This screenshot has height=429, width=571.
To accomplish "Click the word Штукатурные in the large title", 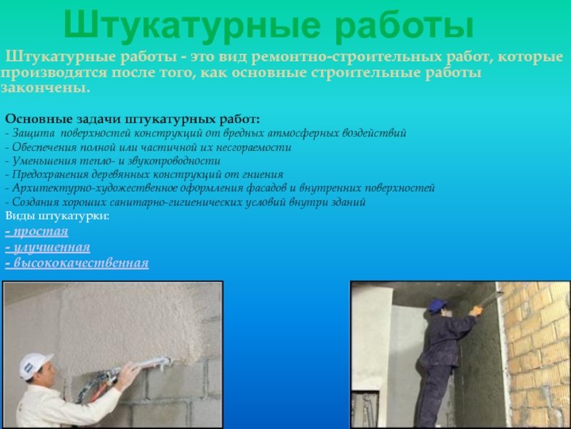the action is [x=192, y=26].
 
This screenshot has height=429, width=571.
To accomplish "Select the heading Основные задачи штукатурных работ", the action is [x=133, y=119].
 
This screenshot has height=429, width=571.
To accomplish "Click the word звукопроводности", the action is [x=173, y=162].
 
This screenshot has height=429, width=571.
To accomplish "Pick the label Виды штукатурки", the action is [x=57, y=216].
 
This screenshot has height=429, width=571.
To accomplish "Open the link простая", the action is [x=37, y=232].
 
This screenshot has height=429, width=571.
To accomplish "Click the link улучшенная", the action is [x=48, y=247].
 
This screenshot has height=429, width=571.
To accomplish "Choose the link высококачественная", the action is [x=77, y=263].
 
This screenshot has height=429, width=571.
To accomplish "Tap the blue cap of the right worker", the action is [x=437, y=305].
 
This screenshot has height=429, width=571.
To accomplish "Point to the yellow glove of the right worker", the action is [x=475, y=311].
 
